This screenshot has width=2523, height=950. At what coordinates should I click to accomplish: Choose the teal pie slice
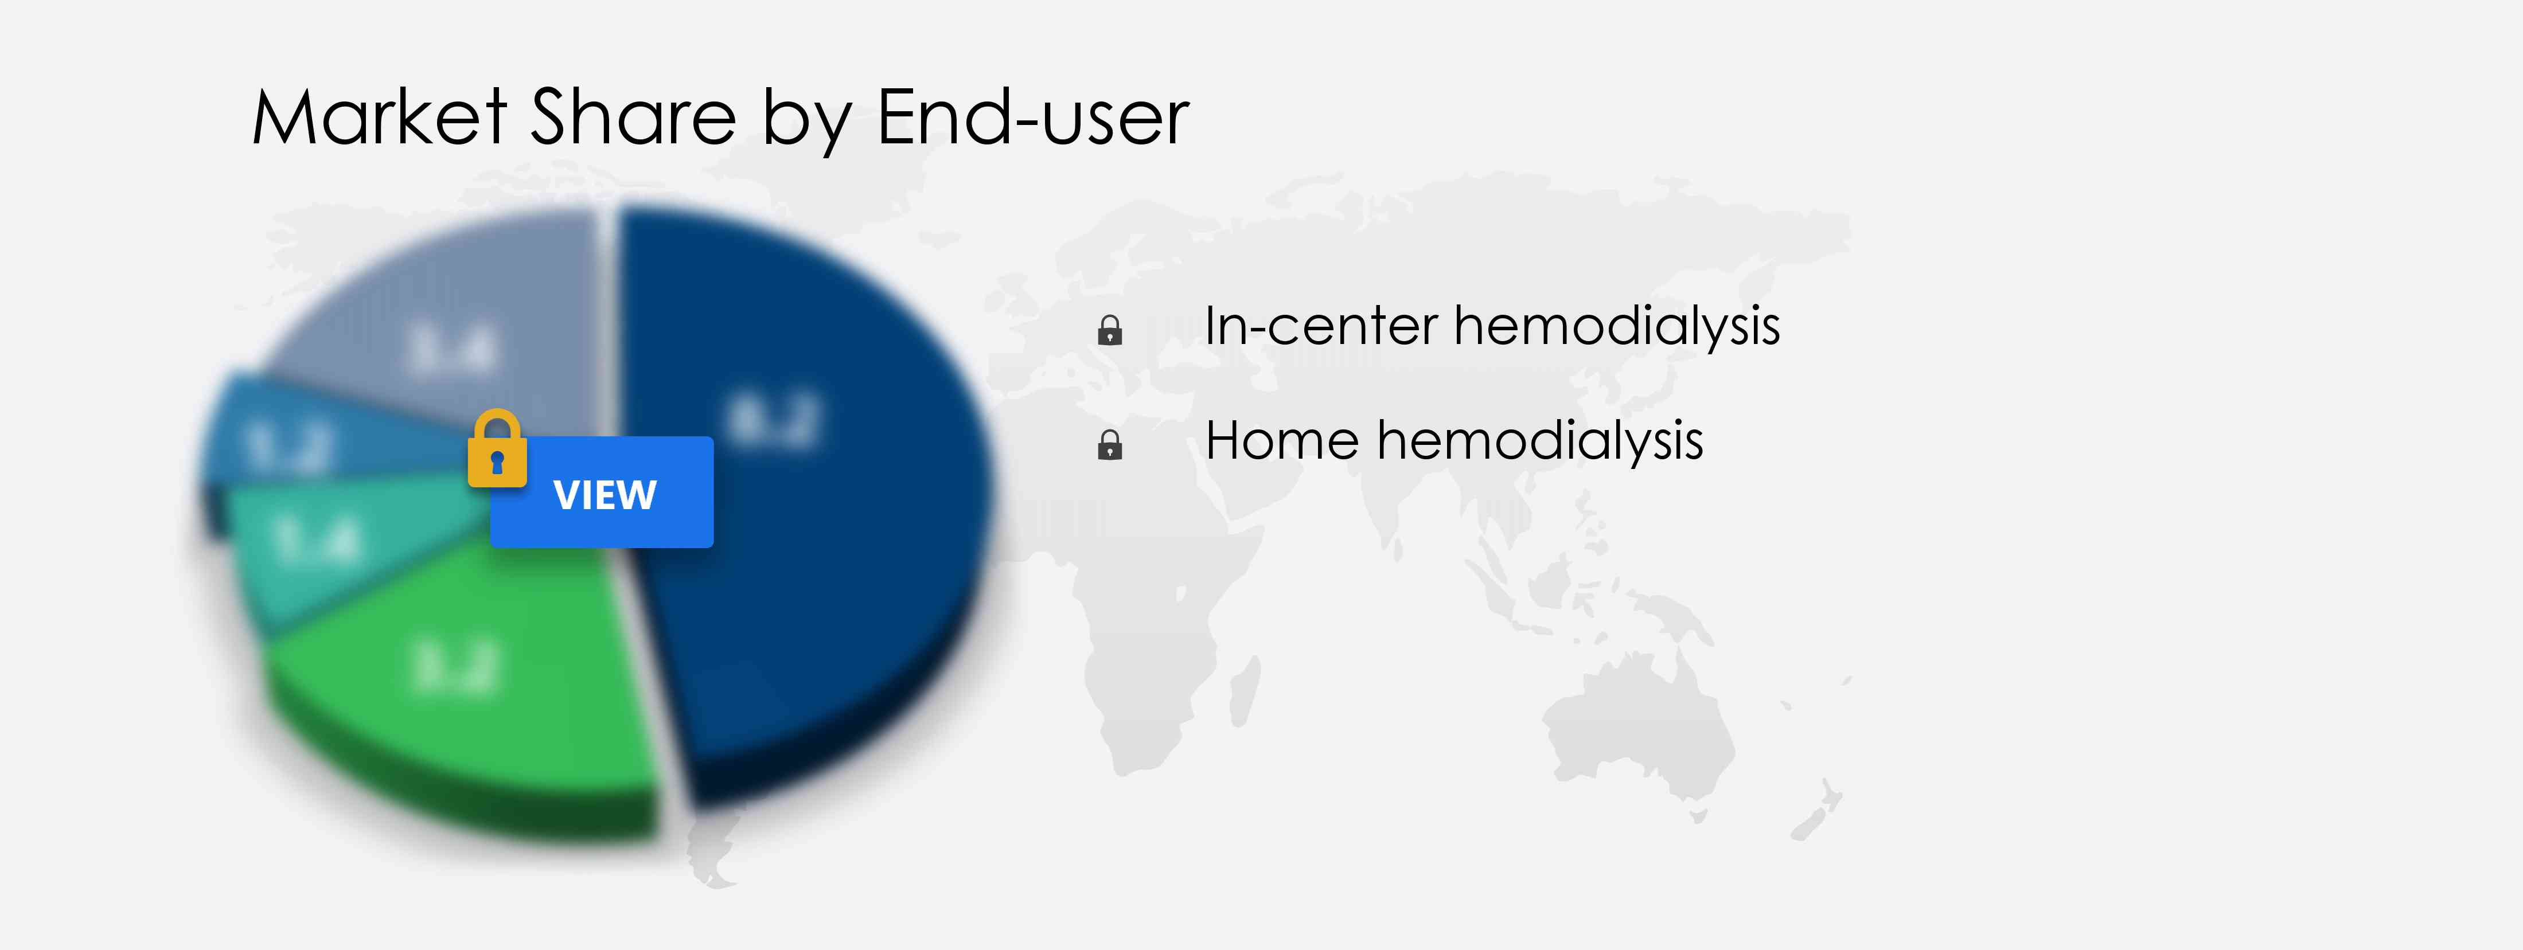pyautogui.click(x=323, y=549)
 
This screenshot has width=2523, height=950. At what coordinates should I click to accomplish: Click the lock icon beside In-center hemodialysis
pyautogui.click(x=1110, y=330)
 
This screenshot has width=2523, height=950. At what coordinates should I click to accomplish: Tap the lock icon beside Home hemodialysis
pyautogui.click(x=1110, y=445)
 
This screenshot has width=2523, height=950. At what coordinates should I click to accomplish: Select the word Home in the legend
pyautogui.click(x=1282, y=441)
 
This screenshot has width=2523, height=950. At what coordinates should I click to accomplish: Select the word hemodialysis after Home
pyautogui.click(x=1541, y=441)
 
